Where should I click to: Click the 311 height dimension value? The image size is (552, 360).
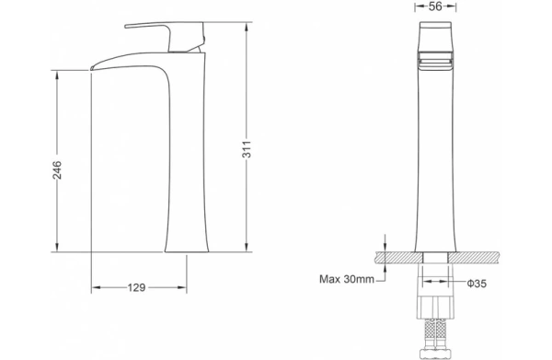tap(247, 148)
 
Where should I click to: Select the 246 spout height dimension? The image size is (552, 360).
tap(57, 169)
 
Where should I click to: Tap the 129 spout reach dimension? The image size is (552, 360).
tap(136, 288)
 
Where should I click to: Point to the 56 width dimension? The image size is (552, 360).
tap(435, 6)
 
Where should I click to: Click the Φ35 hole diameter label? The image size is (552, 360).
tap(477, 284)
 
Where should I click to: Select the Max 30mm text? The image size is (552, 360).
tap(347, 279)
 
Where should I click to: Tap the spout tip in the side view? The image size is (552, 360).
tap(92, 68)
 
